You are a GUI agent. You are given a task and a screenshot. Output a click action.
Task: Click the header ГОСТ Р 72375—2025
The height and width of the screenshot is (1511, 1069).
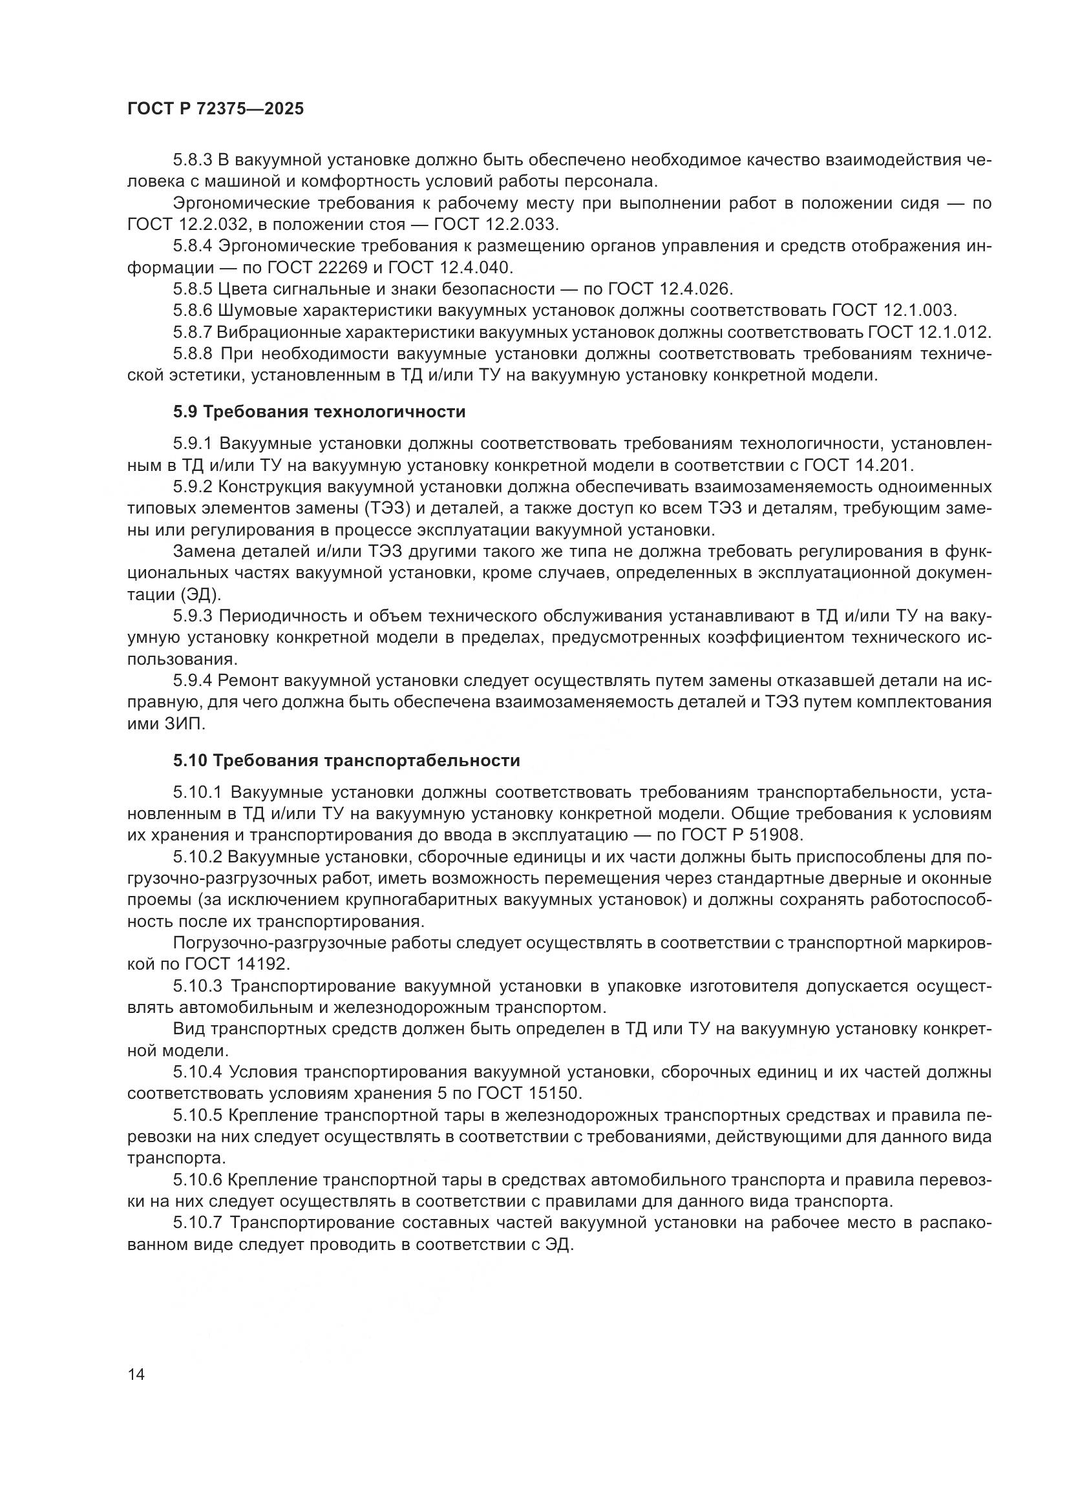[215, 109]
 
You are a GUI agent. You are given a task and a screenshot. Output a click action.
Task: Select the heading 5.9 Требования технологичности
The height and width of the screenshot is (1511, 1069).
[319, 412]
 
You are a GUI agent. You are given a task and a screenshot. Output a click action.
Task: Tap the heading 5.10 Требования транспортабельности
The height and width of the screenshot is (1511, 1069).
[346, 761]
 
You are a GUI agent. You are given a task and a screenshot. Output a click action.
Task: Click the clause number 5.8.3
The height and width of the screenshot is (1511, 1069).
[192, 160]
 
